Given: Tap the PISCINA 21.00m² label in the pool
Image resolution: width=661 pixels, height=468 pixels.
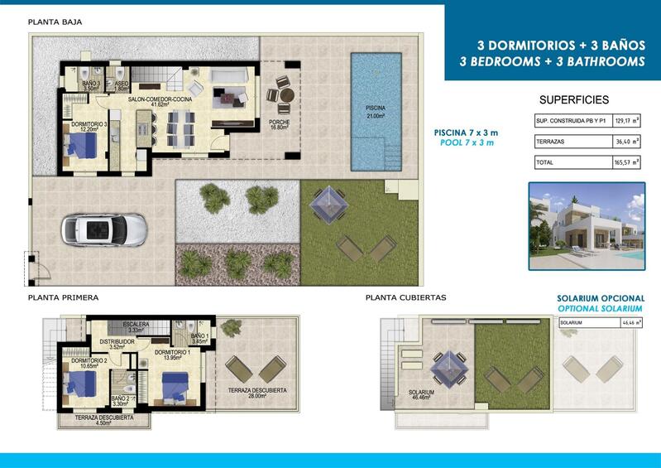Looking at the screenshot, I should point(376,113).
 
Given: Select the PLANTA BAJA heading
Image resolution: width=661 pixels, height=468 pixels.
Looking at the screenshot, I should point(55,22).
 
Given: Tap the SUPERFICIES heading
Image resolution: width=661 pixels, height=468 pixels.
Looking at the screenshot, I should point(573,99).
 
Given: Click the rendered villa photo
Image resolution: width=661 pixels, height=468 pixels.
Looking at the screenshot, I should point(587,226).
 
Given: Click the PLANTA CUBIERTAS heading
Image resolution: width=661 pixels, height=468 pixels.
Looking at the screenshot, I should point(405,297).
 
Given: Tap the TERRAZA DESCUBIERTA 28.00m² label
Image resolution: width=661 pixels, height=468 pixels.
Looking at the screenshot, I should point(257,393).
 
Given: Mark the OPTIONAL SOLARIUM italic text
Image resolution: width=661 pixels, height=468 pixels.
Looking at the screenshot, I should point(601,308).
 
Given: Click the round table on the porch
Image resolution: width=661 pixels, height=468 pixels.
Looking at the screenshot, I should point(286,94).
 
